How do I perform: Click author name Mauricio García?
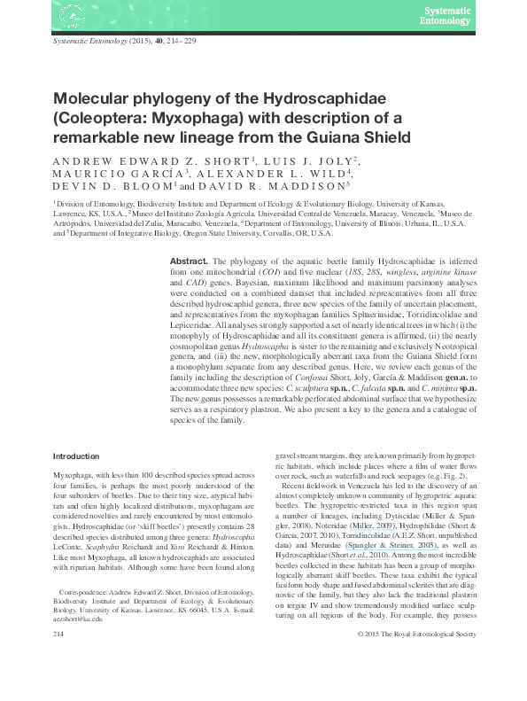pos(112,175)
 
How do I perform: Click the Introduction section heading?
pos(76,456)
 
